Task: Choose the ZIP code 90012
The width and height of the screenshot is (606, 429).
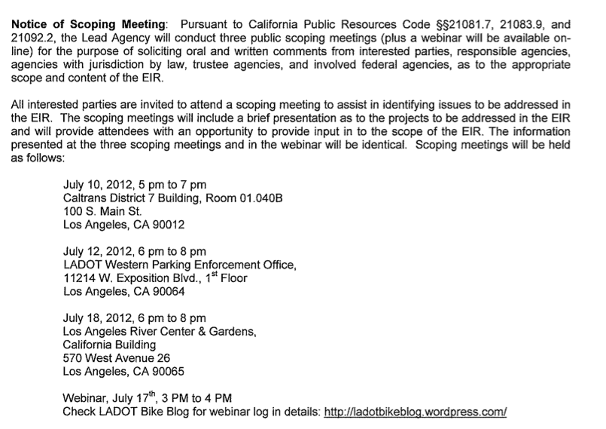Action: click(167, 225)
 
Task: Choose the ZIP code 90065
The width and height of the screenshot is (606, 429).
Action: click(167, 372)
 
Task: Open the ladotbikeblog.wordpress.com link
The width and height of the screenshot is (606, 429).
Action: click(415, 413)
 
